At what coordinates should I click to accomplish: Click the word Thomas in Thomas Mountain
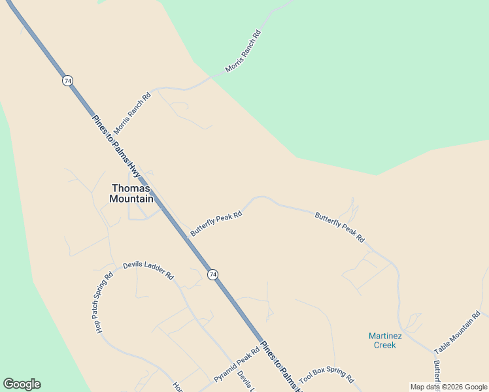coord(131,188)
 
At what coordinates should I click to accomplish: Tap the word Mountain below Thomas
coord(131,199)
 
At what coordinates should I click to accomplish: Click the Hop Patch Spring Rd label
coord(104,302)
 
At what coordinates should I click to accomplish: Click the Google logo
coord(22,384)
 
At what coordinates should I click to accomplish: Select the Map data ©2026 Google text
coord(448,387)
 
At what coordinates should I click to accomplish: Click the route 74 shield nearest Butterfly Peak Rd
coord(213,275)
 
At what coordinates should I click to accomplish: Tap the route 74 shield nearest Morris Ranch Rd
coord(68,80)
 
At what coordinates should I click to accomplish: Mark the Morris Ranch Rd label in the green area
coord(243,51)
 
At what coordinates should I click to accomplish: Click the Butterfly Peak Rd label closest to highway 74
coord(216,223)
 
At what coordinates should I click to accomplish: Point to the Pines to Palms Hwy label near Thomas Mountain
coord(117,147)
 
